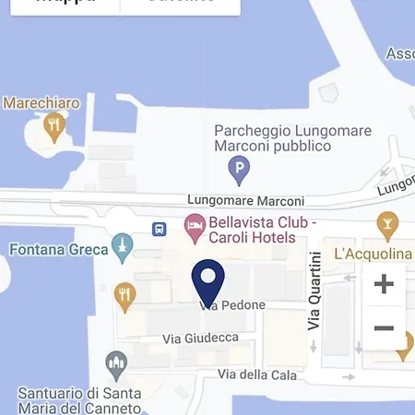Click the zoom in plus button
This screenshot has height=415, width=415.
click(384, 284)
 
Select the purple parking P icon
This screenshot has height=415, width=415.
click(239, 169)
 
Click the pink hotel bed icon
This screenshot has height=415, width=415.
click(194, 224)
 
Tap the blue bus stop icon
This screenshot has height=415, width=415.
click(160, 228)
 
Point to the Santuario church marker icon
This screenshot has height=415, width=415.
click(115, 363)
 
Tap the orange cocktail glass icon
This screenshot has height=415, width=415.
click(387, 223)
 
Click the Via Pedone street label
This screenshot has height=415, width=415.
click(232, 305)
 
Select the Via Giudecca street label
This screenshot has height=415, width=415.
click(200, 338)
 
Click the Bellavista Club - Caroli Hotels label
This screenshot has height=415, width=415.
click(251, 230)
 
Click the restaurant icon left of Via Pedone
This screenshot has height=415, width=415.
click(125, 295)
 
